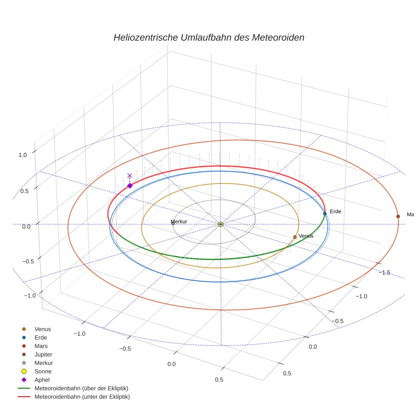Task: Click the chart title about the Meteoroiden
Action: pyautogui.click(x=209, y=37)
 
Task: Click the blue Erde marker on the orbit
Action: pyautogui.click(x=325, y=214)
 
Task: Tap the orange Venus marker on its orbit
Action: pyautogui.click(x=295, y=237)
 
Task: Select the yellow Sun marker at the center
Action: pyautogui.click(x=220, y=224)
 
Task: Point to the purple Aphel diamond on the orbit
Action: pyautogui.click(x=130, y=186)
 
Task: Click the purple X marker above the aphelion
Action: pyautogui.click(x=130, y=175)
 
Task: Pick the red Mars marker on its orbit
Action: pyautogui.click(x=398, y=216)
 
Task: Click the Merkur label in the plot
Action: pyautogui.click(x=179, y=222)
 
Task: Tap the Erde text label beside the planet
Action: pyautogui.click(x=336, y=211)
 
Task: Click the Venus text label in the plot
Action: pyautogui.click(x=306, y=236)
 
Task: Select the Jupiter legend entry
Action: pyautogui.click(x=43, y=354)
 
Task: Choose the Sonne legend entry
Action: pyautogui.click(x=43, y=371)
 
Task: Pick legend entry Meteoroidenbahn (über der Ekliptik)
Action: pyautogui.click(x=81, y=388)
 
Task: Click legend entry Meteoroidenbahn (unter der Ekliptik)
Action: pyautogui.click(x=82, y=397)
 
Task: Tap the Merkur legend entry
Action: pyautogui.click(x=43, y=363)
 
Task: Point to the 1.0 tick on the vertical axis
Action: pyautogui.click(x=23, y=155)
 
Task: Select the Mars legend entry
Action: pyautogui.click(x=41, y=346)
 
